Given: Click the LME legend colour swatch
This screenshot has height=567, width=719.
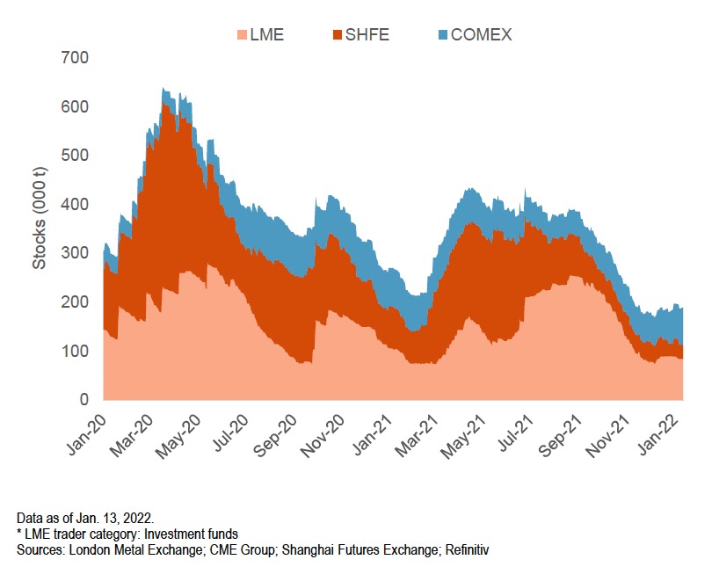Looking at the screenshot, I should pyautogui.click(x=242, y=35).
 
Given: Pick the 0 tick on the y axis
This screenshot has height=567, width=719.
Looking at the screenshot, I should pyautogui.click(x=84, y=400).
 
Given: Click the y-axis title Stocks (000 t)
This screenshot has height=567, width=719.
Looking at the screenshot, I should pyautogui.click(x=40, y=229).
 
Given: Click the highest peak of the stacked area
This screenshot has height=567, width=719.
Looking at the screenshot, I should pyautogui.click(x=163, y=89).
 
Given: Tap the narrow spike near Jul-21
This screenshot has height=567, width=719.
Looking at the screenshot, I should pyautogui.click(x=525, y=189).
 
